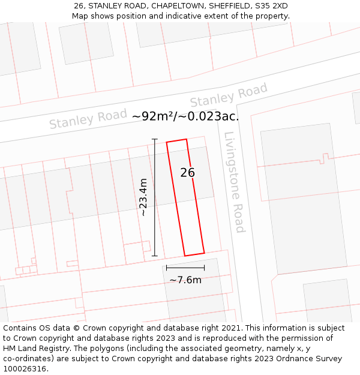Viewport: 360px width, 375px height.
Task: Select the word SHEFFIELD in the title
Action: pyautogui.click(x=231, y=5)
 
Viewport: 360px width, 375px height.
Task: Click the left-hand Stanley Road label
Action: pyautogui.click(x=88, y=118)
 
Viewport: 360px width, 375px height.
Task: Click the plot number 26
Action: pyautogui.click(x=188, y=173)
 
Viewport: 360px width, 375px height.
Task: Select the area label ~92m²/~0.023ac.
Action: pyautogui.click(x=185, y=116)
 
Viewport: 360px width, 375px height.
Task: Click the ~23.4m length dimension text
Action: pyautogui.click(x=143, y=197)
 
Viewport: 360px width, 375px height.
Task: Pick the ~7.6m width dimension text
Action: pyautogui.click(x=185, y=280)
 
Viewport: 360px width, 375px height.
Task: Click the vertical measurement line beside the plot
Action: pyautogui.click(x=155, y=198)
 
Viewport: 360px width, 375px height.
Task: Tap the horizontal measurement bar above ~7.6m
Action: pyautogui.click(x=185, y=268)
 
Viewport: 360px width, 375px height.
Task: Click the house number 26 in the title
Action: pyautogui.click(x=79, y=5)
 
